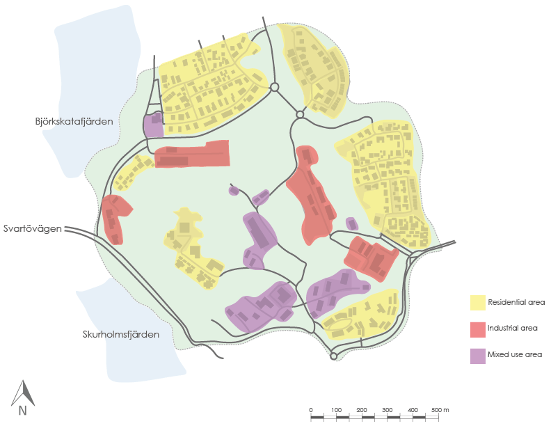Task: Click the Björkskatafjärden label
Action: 74,122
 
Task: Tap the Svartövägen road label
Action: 33,228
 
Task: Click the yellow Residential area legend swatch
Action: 477,302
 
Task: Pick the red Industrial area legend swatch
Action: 477,328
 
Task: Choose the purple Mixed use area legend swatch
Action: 477,354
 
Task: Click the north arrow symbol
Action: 22,393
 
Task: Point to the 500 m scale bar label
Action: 440,409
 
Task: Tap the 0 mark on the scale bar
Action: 311,409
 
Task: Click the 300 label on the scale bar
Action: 388,409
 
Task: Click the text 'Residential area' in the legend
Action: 516,302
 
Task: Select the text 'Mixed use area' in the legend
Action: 515,354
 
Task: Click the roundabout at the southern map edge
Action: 334,356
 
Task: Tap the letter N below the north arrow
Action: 22,411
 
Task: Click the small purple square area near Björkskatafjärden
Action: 153,126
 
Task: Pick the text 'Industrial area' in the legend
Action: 513,328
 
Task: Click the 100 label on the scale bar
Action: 336,409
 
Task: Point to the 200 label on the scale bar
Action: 362,409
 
